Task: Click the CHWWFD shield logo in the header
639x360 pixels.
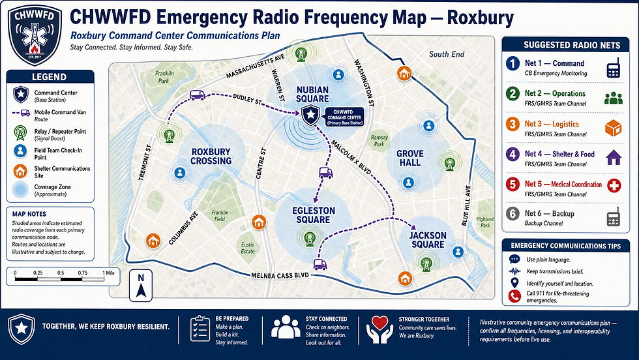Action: pyautogui.click(x=35, y=35)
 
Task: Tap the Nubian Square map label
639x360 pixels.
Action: pyautogui.click(x=312, y=94)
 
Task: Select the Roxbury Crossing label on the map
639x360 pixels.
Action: pyautogui.click(x=211, y=156)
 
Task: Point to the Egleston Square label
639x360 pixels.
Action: pyautogui.click(x=314, y=215)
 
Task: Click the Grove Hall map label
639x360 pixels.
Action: pyautogui.click(x=410, y=158)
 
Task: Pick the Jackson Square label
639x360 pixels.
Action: pyautogui.click(x=428, y=240)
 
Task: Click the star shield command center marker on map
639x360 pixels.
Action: pyautogui.click(x=311, y=115)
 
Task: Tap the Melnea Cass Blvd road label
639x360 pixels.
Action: pyautogui.click(x=280, y=276)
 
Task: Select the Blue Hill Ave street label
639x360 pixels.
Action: pyautogui.click(x=467, y=205)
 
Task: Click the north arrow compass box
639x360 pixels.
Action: pyautogui.click(x=141, y=286)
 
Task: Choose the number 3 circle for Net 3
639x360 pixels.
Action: pyautogui.click(x=513, y=124)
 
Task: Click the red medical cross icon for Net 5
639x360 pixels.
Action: pyautogui.click(x=614, y=185)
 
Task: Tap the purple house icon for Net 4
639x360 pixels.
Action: pyautogui.click(x=614, y=157)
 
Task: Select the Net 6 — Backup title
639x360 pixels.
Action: pyautogui.click(x=549, y=214)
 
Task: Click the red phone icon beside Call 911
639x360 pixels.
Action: pyautogui.click(x=514, y=296)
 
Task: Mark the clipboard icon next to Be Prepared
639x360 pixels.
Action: pyautogui.click(x=200, y=329)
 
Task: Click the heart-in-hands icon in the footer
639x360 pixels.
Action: pyautogui.click(x=379, y=329)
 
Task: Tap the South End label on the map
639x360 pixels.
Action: pyautogui.click(x=447, y=54)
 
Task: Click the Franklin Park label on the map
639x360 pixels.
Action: pyautogui.click(x=164, y=77)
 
